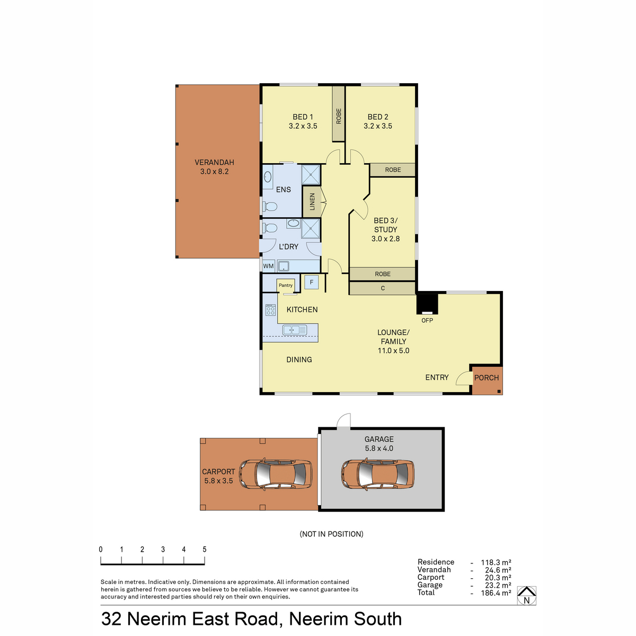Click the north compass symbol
pos(526,595)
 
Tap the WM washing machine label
pos(268,266)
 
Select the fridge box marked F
pos(311,282)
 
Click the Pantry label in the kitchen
pos(286,285)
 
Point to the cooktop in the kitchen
pos(270,310)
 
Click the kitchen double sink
pos(295,330)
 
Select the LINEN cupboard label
pos(312,201)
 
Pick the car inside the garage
pos(377,474)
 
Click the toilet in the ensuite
pos(270,207)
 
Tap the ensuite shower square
pos(311,174)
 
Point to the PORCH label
pos(486,377)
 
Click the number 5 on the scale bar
pos(205,549)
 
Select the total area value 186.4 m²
pos(496,593)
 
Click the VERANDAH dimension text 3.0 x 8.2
pos(214,171)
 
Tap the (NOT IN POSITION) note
pos(331,534)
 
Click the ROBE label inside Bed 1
pos(339,116)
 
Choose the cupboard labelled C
pos(383,288)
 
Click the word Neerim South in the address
pos(345,619)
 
